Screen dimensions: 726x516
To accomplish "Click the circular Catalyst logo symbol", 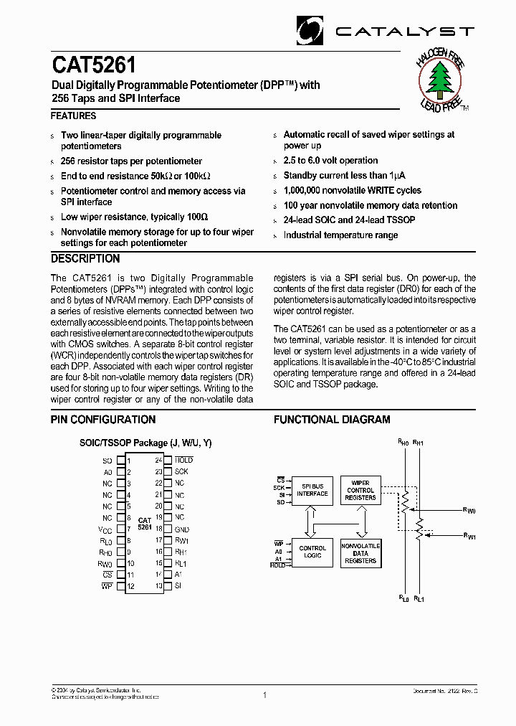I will tap(312, 30).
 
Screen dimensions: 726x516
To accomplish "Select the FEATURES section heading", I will tap(73, 115).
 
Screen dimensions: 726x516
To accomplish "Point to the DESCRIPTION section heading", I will tap(85, 259).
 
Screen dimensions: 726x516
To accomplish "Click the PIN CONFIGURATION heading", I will tap(102, 420).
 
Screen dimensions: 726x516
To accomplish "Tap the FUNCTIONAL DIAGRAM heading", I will tap(332, 420).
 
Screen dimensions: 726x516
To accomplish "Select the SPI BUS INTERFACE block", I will tap(312, 490).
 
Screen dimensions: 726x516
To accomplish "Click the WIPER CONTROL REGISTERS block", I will tap(360, 490).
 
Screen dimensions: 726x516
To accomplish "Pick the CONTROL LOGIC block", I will tap(312, 552).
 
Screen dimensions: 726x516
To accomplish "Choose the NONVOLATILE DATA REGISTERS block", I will tap(360, 552).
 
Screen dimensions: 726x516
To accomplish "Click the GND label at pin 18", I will tap(181, 529).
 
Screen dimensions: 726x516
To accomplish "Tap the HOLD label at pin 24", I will tap(183, 460).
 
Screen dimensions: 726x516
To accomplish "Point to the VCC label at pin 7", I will tap(105, 529).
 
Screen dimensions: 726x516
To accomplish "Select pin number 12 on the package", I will tap(130, 587).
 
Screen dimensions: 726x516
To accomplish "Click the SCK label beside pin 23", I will tap(181, 471).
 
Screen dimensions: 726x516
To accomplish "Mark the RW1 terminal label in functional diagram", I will tap(469, 536).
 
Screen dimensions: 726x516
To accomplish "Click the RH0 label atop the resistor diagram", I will tap(403, 443).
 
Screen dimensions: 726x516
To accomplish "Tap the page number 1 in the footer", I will tap(264, 694).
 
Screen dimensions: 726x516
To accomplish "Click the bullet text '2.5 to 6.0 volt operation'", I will tap(330, 161).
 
